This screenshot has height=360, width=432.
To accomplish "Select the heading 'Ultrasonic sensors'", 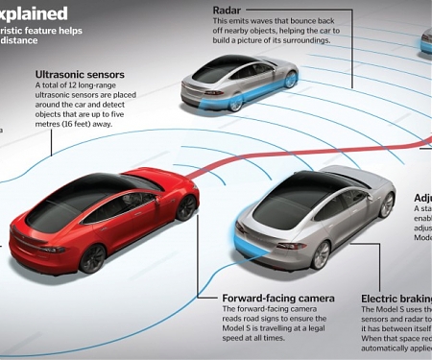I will [x=79, y=74].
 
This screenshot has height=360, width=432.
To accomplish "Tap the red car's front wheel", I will [x=186, y=206].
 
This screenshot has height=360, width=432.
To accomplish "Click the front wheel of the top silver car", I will [x=290, y=80].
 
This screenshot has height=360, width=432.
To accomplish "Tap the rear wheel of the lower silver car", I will [x=321, y=254].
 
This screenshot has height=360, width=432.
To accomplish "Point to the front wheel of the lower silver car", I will [x=387, y=204].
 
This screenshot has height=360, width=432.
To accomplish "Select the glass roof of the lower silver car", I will [x=294, y=197].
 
